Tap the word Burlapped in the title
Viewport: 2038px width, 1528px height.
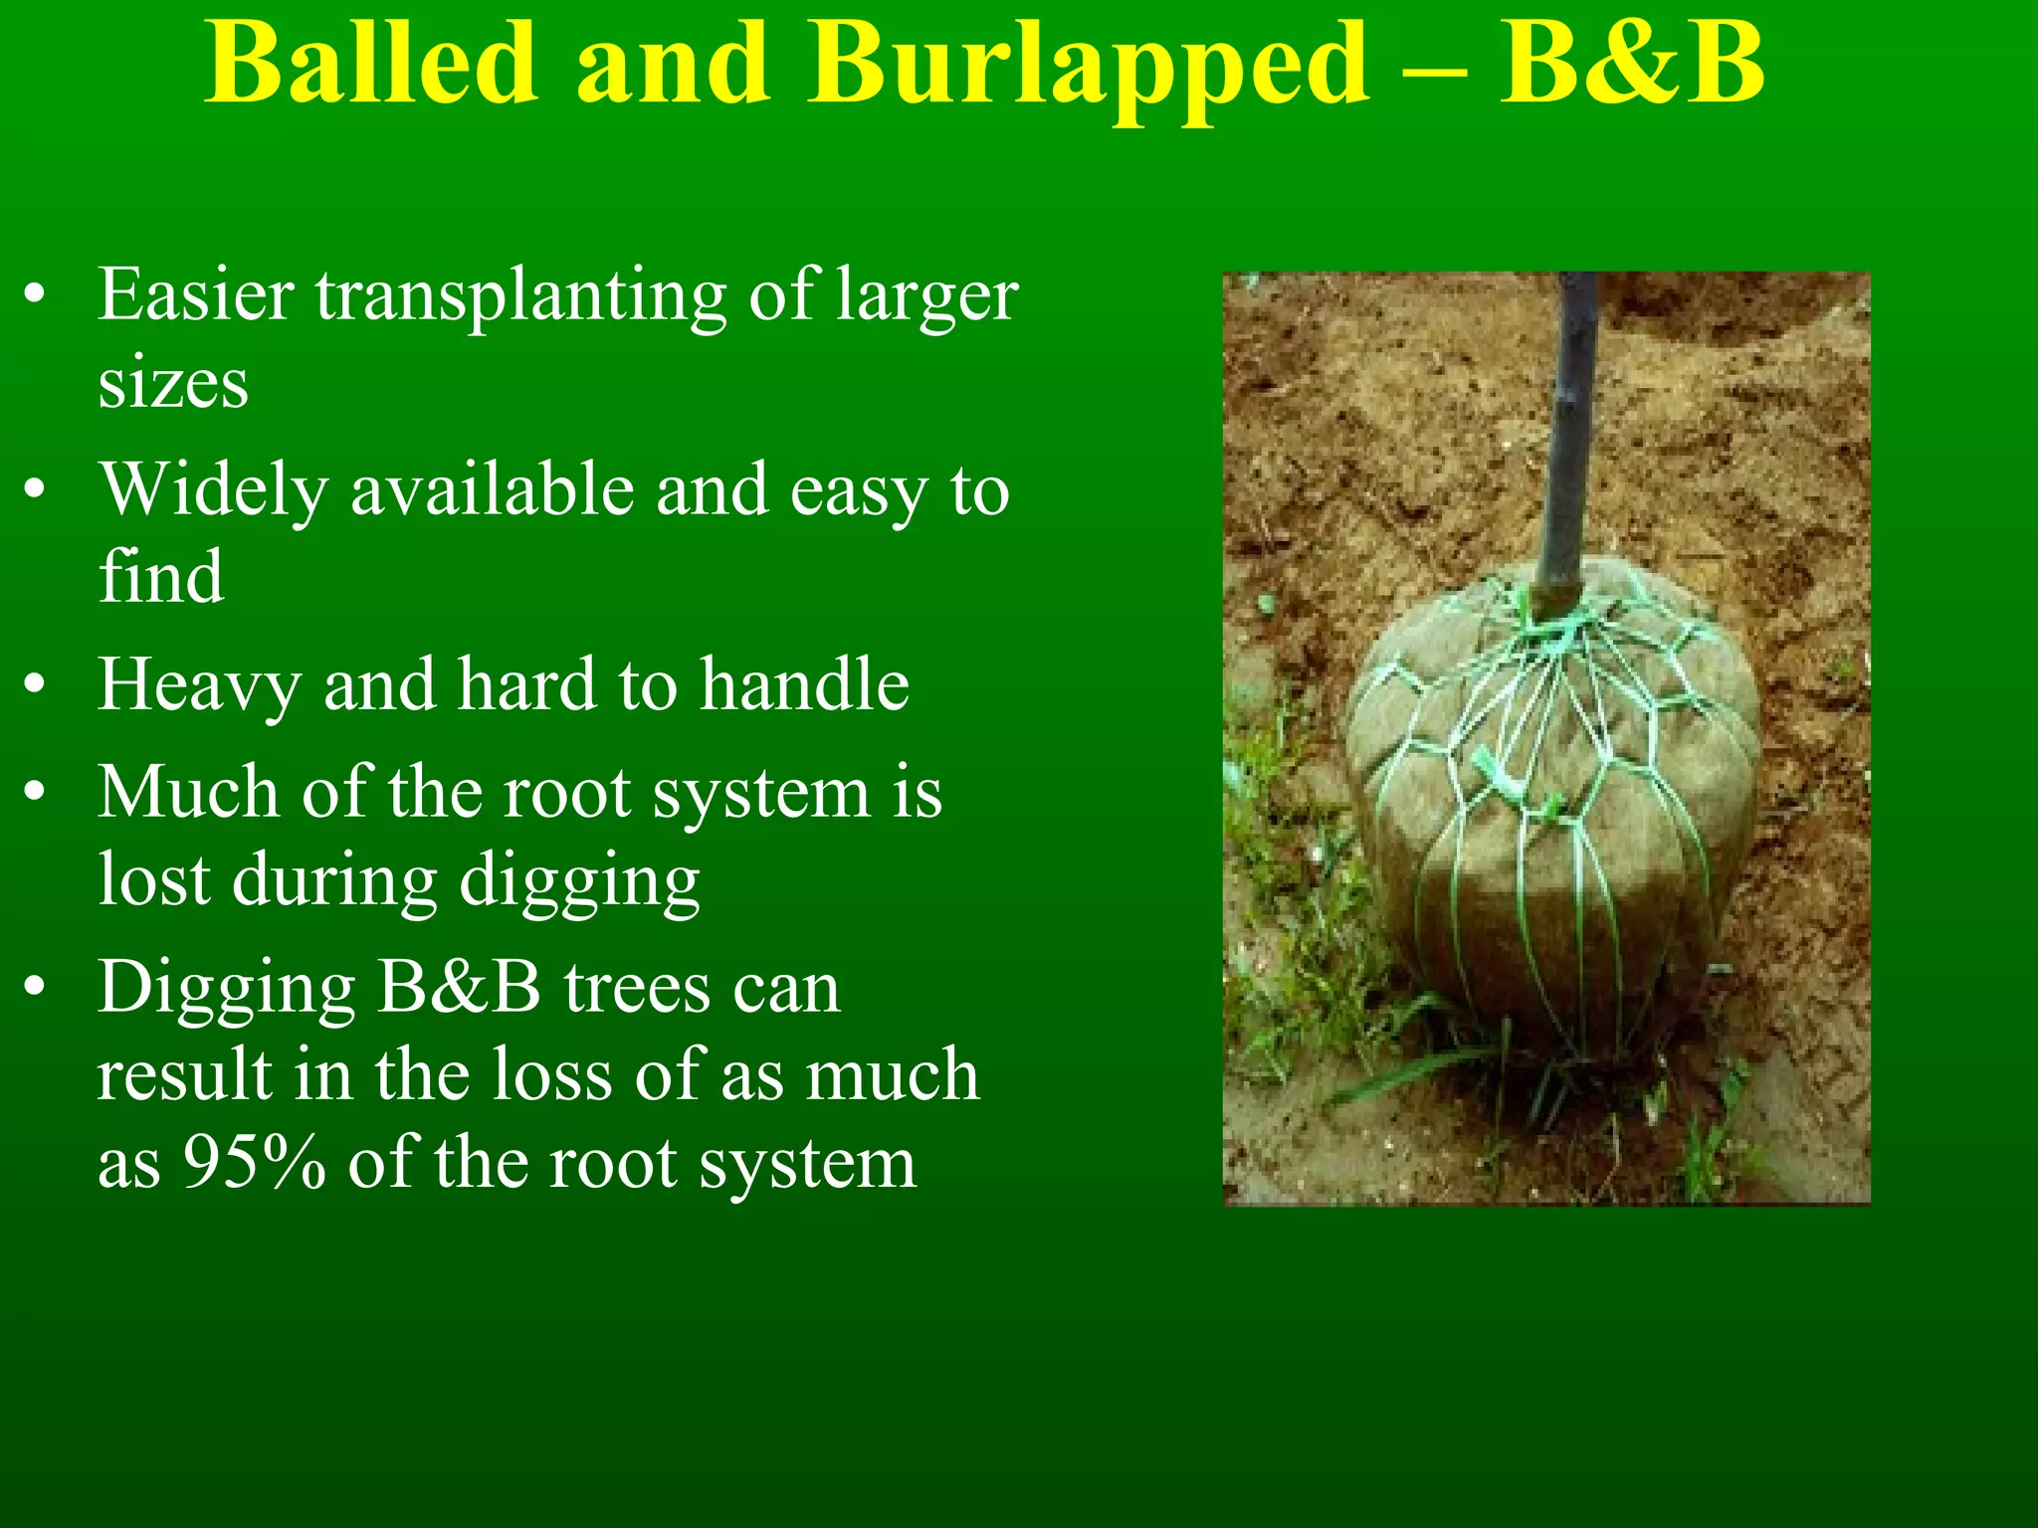click(x=1090, y=66)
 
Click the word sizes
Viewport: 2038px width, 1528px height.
click(x=172, y=384)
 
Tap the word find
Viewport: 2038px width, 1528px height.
click(x=160, y=576)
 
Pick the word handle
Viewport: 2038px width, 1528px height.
click(x=804, y=684)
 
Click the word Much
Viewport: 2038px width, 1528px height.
click(x=188, y=793)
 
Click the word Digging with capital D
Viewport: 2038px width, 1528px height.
click(x=226, y=991)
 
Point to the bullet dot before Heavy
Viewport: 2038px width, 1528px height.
click(x=36, y=685)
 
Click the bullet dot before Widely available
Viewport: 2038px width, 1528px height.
click(x=36, y=490)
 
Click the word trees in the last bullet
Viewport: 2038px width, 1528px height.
click(x=636, y=989)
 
